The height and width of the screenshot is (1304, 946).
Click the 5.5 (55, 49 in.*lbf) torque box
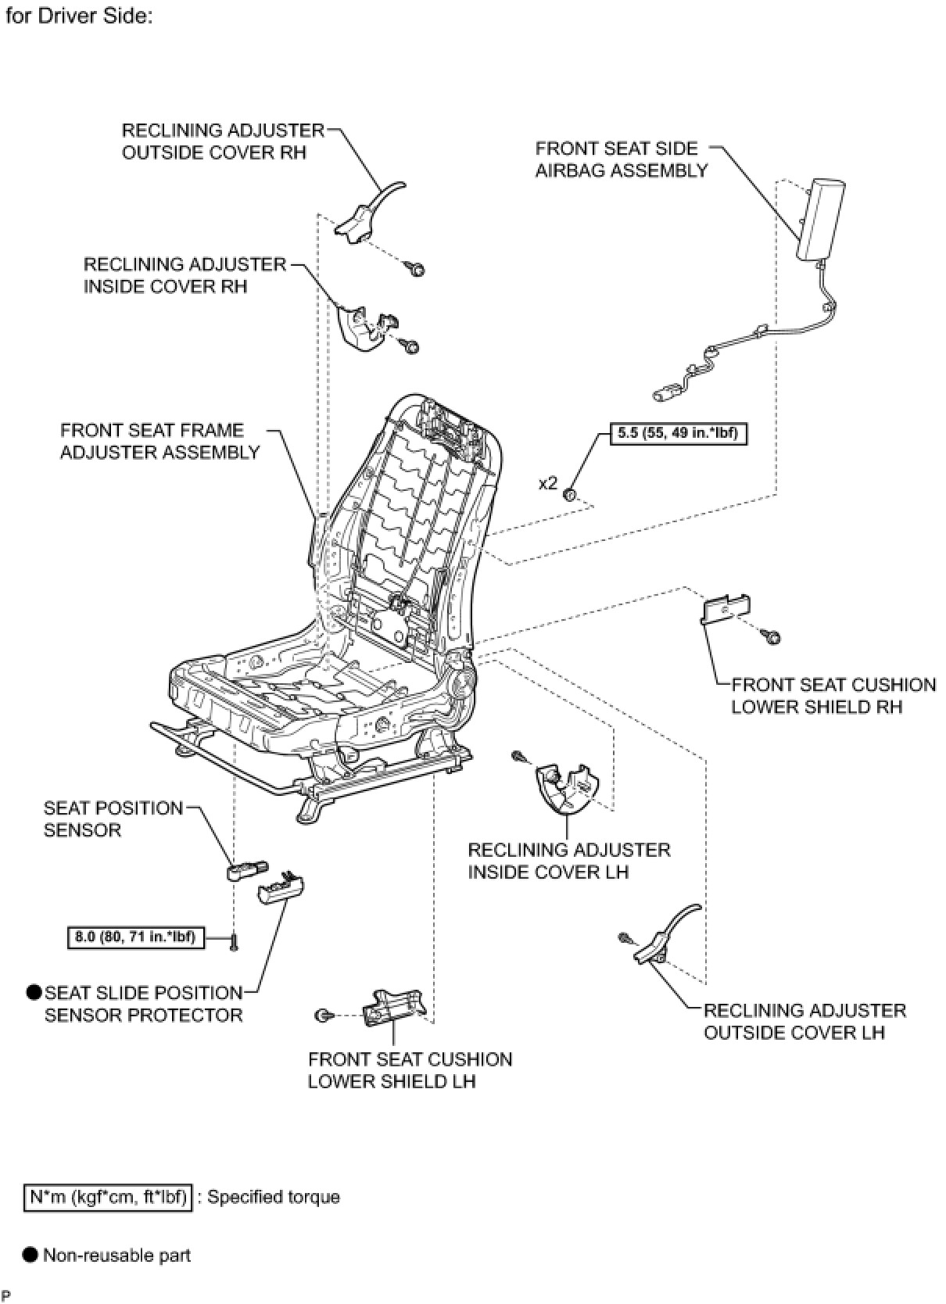coord(678,432)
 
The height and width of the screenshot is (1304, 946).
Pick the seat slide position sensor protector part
coord(281,887)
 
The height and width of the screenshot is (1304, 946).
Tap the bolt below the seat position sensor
coord(234,943)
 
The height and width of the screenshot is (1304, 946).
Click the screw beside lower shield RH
coord(772,638)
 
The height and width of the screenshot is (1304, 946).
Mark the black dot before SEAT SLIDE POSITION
coord(34,993)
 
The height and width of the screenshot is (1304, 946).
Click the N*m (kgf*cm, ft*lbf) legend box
coord(107,1197)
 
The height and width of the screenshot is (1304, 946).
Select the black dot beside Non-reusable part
coord(30,1256)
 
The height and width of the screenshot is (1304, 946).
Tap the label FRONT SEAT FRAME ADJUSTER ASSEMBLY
coord(159,441)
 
